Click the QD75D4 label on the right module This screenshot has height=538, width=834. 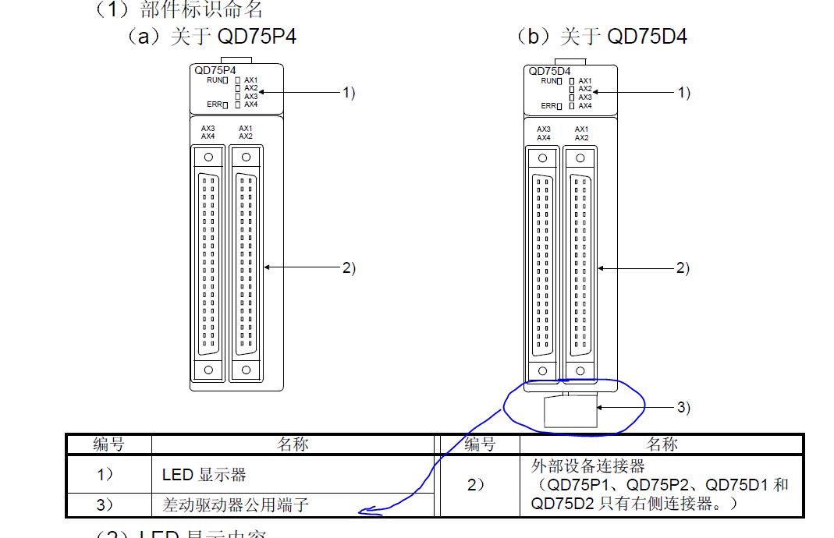549,71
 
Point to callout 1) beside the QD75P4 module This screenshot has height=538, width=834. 348,93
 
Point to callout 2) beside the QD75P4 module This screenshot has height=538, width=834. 348,267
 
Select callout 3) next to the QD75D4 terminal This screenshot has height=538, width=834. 683,407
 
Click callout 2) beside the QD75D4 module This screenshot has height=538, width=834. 683,267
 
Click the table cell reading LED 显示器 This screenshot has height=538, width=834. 204,474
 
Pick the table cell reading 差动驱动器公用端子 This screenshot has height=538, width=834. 236,505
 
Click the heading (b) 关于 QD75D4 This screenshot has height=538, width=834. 602,36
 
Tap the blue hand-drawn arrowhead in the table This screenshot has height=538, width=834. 365,512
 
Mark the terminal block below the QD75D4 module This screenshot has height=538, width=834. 570,411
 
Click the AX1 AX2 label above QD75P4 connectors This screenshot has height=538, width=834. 246,133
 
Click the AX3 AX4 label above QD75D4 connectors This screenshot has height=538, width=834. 544,133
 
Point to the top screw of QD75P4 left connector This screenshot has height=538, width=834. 208,157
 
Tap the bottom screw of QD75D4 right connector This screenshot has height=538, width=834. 580,370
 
